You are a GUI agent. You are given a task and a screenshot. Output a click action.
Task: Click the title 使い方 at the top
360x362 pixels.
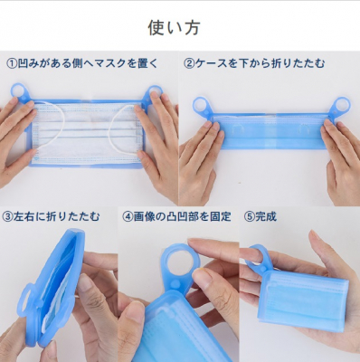pos(174,28)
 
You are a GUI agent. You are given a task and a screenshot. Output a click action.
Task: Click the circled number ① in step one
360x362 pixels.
pos(12,63)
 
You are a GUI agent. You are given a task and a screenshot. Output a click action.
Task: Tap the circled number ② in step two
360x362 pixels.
pos(189,63)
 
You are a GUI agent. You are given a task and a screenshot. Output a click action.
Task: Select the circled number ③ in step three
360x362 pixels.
pos(7,216)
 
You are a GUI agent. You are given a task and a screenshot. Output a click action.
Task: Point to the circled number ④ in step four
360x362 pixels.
pos(128,216)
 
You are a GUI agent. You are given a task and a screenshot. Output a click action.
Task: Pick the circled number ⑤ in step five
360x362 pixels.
pos(250,216)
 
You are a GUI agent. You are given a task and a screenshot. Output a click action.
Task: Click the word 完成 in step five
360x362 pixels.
pos(266,216)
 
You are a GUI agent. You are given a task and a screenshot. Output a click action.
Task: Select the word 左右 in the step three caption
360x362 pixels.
pos(24,216)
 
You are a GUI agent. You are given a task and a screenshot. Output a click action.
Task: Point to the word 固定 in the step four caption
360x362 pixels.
pos(221,216)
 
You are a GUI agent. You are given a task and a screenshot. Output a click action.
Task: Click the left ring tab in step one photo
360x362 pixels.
pos(19,92)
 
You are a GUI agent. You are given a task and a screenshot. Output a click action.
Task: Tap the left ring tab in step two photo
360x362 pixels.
pos(201,106)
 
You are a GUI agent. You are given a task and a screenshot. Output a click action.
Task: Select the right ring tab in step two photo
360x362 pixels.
pos(343,106)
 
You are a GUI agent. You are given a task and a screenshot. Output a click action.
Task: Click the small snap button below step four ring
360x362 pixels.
pos(175,283)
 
